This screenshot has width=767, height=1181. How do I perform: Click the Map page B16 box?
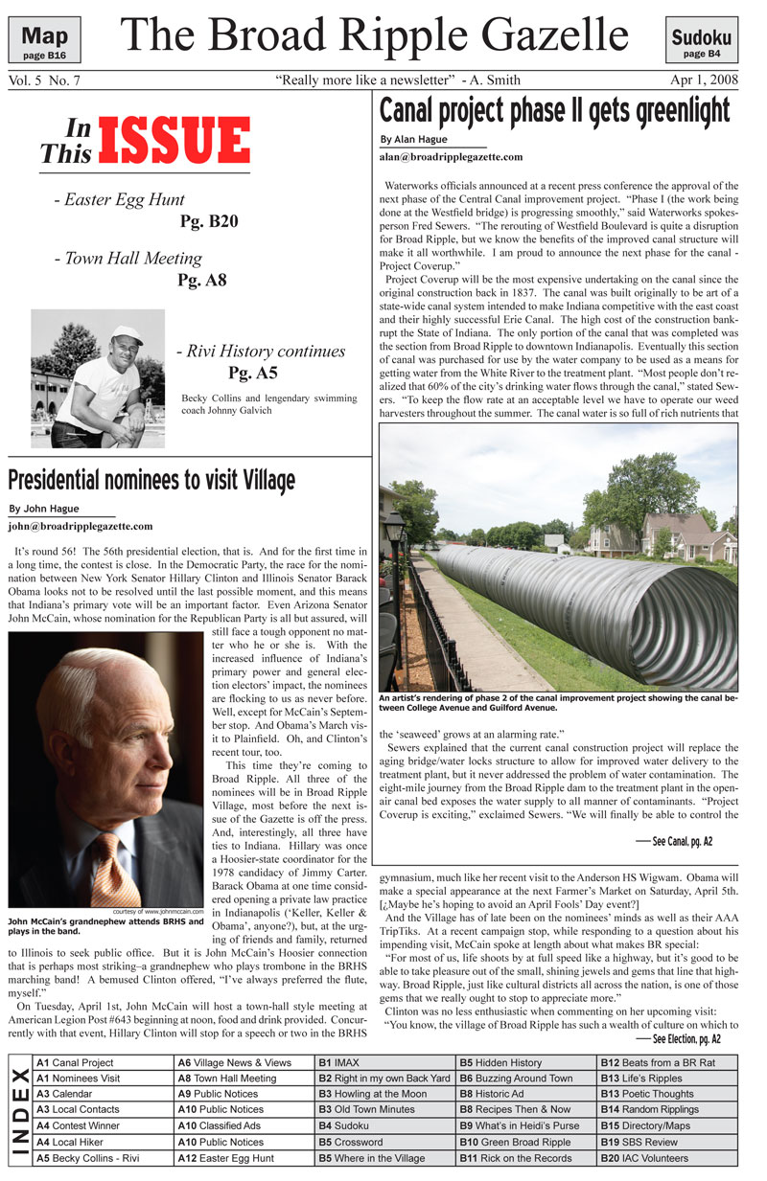point(44,41)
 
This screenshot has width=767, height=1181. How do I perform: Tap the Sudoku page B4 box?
point(701,43)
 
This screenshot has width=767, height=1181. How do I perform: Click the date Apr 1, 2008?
point(705,79)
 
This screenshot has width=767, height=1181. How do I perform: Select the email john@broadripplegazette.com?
point(81,526)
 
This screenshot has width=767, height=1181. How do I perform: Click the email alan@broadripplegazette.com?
point(452,156)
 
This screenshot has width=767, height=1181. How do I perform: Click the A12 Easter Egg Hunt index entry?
point(223,1158)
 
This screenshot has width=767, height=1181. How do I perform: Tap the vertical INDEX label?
point(18,1109)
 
